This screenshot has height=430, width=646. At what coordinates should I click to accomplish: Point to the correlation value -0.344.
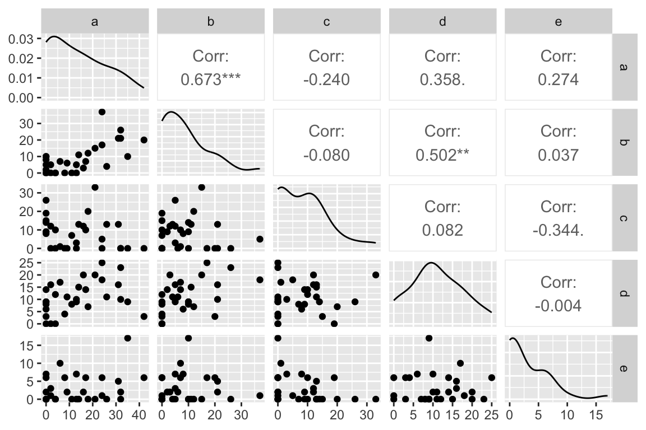[x=559, y=230]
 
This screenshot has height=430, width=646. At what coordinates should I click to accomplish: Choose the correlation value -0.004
[x=559, y=305]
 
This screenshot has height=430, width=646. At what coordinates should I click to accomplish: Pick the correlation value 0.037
[x=559, y=155]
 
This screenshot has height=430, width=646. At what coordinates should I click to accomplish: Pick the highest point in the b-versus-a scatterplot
[x=101, y=112]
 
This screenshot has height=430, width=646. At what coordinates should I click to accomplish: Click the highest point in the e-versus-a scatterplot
[x=127, y=338]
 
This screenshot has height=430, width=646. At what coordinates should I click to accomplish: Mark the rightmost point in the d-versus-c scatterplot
[x=375, y=274]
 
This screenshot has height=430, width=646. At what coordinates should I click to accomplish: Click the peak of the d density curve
[x=431, y=263]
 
